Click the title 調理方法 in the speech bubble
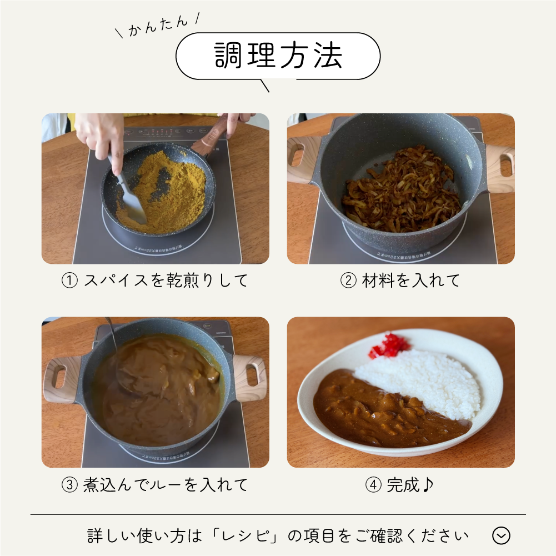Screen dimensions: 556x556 point(278,56)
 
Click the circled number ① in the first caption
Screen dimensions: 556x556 point(69,280)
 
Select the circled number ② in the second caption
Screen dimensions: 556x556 point(348,280)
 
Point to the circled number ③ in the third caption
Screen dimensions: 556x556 point(69,485)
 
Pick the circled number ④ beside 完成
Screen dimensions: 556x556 point(373,485)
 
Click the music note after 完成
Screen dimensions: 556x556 point(428,484)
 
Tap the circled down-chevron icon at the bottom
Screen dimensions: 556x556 point(502,535)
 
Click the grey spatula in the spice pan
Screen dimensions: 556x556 point(129,197)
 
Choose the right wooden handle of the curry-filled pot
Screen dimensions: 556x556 point(251,377)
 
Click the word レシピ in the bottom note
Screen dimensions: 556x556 point(244,536)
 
